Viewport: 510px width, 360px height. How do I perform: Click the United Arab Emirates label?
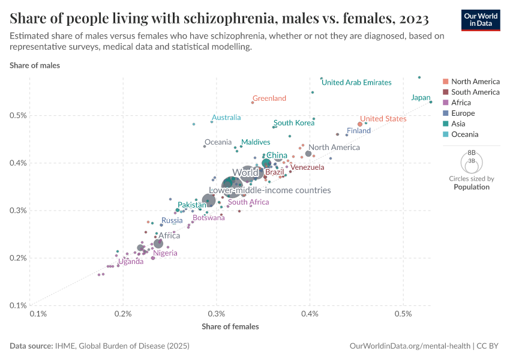click(x=356, y=83)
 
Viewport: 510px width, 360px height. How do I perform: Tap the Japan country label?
click(x=421, y=98)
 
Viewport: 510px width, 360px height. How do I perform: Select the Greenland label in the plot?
click(x=269, y=98)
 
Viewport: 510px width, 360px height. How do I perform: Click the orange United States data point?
click(x=360, y=124)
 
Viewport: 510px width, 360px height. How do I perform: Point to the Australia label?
click(x=226, y=118)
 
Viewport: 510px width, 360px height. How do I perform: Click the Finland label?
click(x=358, y=131)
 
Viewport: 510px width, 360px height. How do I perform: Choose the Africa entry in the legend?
click(x=461, y=103)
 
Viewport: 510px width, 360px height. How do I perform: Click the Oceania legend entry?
click(x=464, y=134)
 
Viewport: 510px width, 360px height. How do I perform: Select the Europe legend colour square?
click(x=445, y=113)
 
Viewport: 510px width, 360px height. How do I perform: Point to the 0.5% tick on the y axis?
click(x=18, y=115)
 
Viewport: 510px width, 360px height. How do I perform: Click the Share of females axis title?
click(x=230, y=326)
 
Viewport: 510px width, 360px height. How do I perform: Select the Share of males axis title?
click(x=34, y=65)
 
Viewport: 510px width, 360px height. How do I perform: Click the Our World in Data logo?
click(x=481, y=20)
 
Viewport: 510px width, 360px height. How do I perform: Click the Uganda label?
click(x=130, y=262)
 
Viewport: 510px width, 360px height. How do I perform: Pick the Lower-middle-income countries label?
click(x=269, y=190)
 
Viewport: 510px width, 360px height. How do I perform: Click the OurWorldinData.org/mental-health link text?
click(x=410, y=346)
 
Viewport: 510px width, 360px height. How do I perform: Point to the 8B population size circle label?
click(x=471, y=154)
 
